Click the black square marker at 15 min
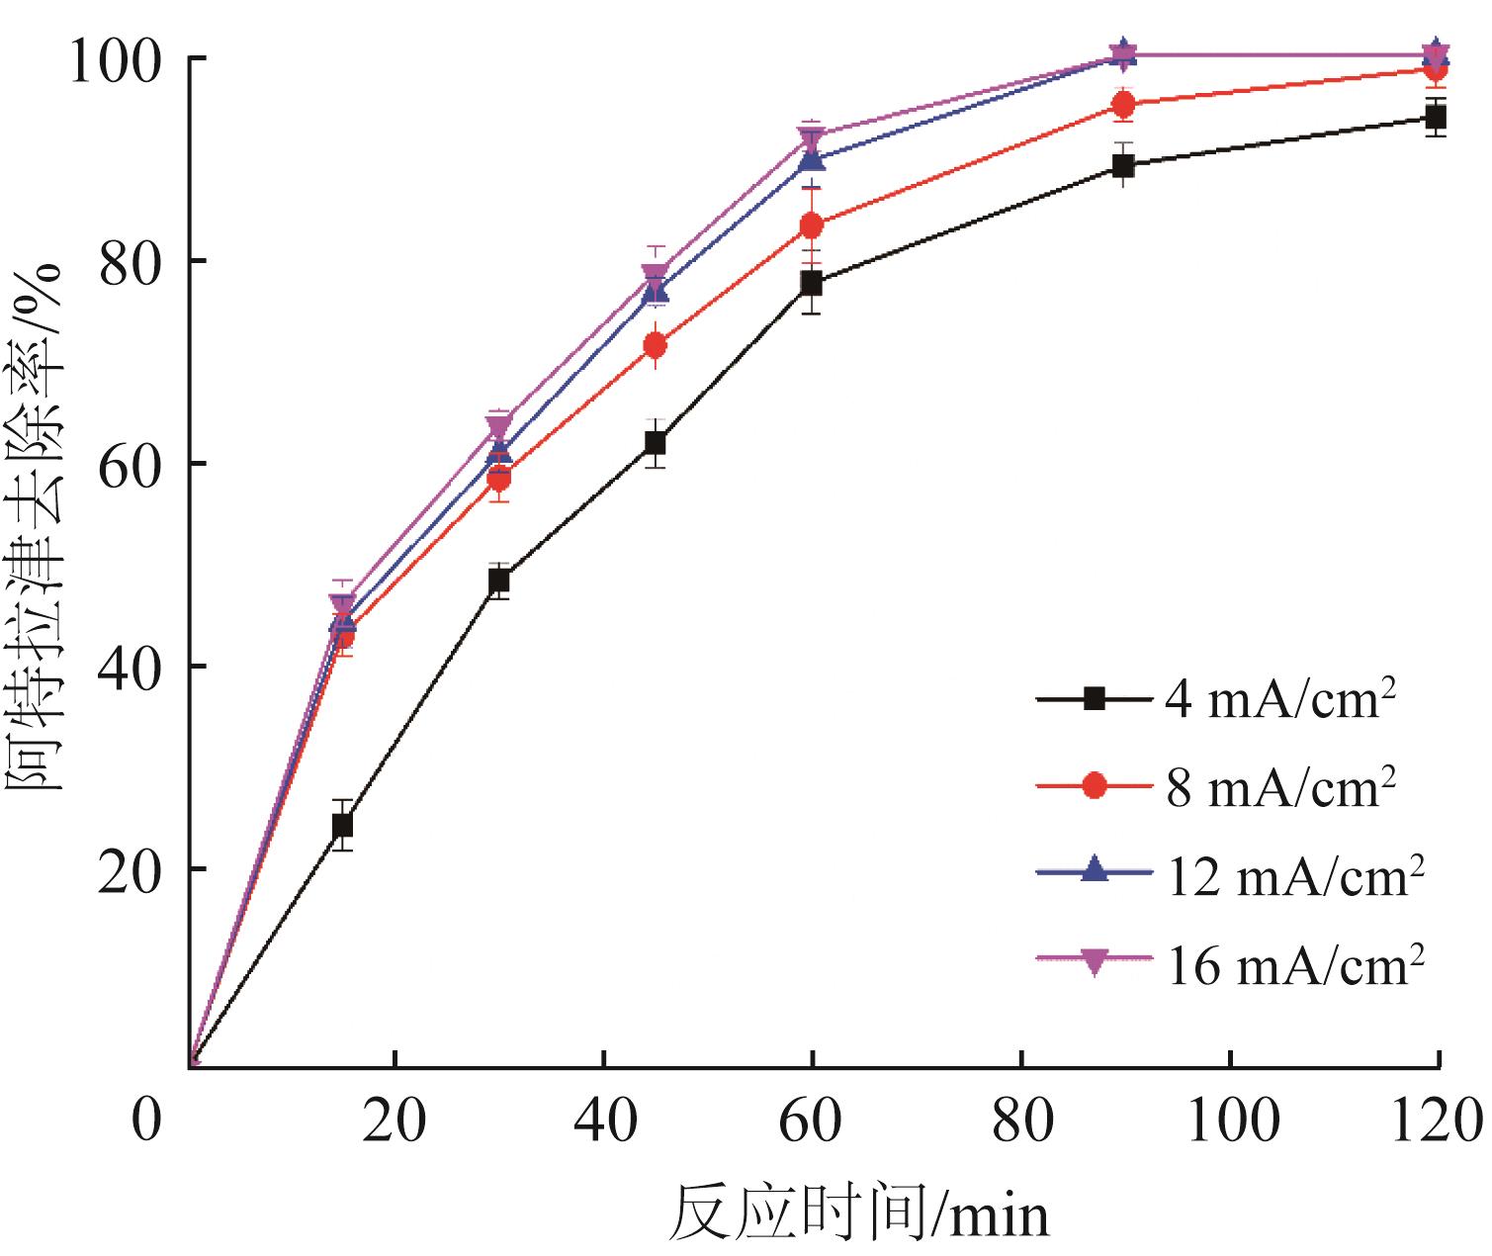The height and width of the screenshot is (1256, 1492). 342,825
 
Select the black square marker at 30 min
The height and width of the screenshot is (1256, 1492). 498,581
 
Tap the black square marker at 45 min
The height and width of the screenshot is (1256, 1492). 655,443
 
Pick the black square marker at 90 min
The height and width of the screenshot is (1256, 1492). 1123,166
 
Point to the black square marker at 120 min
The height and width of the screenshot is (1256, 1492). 1436,119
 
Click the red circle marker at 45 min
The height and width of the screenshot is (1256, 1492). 655,345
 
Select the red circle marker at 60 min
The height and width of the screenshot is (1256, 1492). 811,225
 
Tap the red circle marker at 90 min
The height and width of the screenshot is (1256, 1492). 1123,105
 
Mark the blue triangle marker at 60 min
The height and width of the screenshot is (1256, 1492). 811,159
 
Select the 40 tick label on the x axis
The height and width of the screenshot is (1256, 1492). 603,1121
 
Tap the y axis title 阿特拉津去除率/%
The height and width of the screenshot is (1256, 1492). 37,527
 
